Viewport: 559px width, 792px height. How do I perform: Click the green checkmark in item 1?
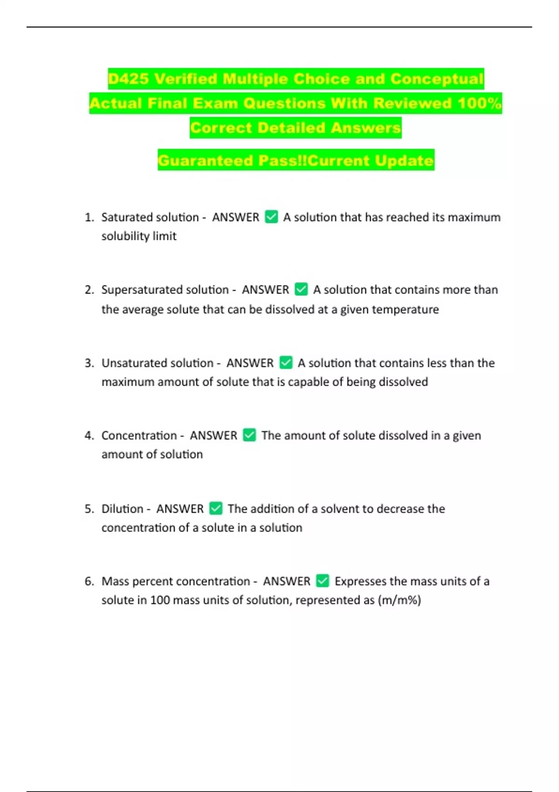[x=271, y=217]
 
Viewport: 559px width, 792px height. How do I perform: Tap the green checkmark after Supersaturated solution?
[x=301, y=289]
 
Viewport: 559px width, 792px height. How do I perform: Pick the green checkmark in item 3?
[x=286, y=362]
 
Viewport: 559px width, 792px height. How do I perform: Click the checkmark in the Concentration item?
[x=249, y=435]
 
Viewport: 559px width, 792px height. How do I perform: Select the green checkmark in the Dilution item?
[x=216, y=508]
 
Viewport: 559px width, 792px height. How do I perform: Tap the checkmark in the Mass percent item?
[x=322, y=581]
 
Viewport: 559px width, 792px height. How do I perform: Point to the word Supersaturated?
[x=142, y=290]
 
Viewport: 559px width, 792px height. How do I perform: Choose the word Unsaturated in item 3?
[x=134, y=363]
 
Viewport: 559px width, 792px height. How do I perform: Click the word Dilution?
[x=122, y=509]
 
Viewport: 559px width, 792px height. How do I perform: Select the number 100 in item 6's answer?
[x=160, y=600]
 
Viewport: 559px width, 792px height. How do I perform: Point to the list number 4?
[x=89, y=436]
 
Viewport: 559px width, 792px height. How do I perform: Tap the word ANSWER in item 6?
[x=286, y=581]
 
